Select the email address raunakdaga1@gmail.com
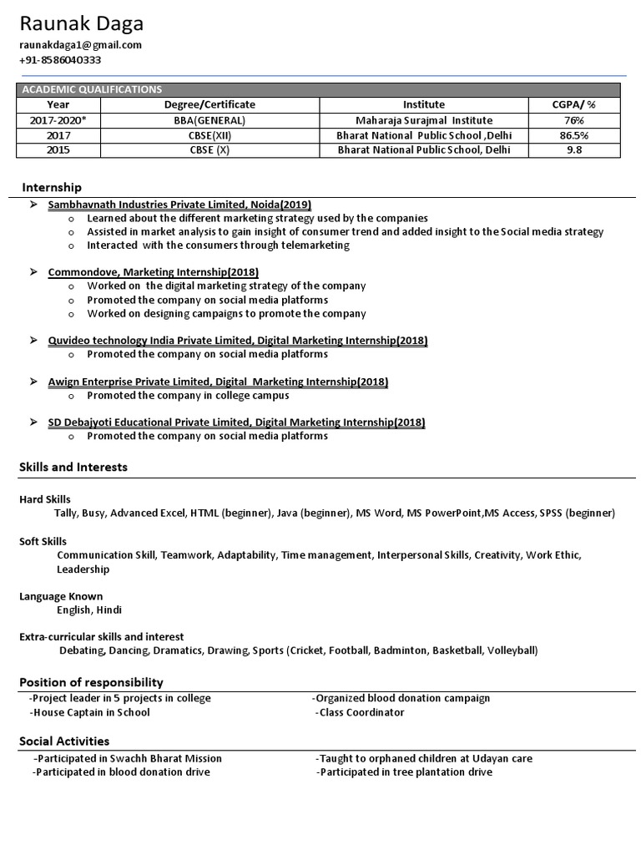tap(80, 45)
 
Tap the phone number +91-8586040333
tap(61, 60)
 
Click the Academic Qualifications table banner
tap(92, 89)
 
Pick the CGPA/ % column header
tap(574, 104)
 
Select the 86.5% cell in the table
tap(574, 134)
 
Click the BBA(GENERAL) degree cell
tap(209, 119)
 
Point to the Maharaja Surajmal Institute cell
tap(424, 119)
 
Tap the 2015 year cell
tap(58, 149)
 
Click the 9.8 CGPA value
tap(574, 149)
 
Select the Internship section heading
tap(52, 187)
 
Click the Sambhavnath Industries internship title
tap(179, 204)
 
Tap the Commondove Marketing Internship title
tap(154, 272)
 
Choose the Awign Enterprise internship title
tap(218, 382)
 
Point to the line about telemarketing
tap(218, 245)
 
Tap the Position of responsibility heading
tap(91, 682)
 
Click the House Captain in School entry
tap(89, 712)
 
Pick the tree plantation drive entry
tap(405, 772)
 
